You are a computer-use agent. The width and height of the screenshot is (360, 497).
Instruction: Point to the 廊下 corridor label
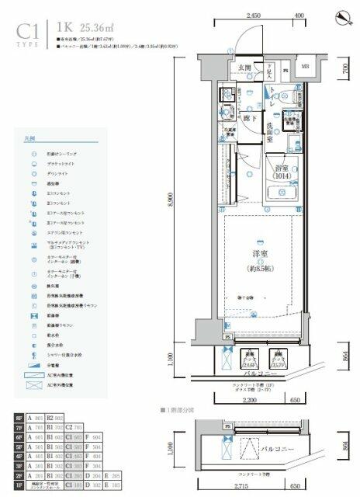click(250, 119)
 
